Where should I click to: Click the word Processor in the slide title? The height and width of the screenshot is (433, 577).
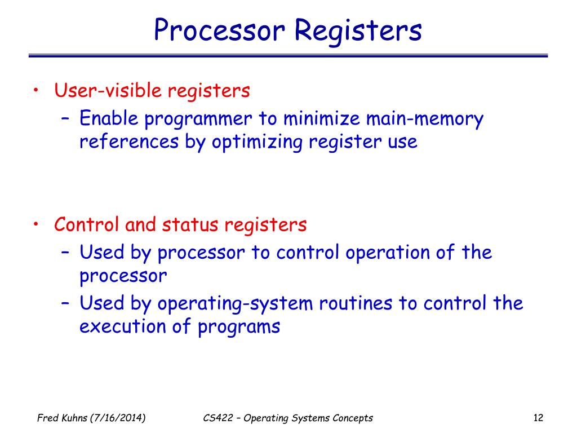(220, 30)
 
